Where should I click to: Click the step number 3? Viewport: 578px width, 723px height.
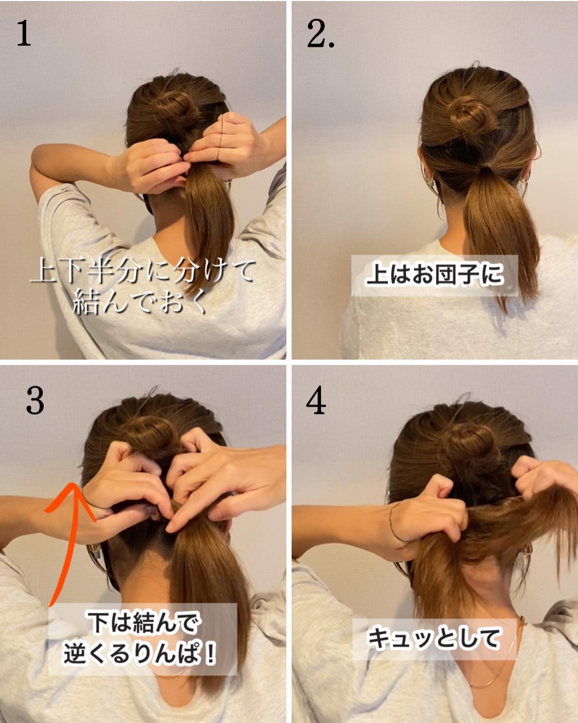35,401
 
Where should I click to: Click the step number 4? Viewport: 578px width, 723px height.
316,401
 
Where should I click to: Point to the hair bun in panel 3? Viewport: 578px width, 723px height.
149,434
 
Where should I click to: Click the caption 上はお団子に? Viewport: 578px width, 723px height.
434,275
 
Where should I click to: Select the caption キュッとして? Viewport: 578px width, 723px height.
433,639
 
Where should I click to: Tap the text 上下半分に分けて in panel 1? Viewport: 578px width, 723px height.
142,271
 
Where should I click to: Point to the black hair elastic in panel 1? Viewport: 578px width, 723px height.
220,137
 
